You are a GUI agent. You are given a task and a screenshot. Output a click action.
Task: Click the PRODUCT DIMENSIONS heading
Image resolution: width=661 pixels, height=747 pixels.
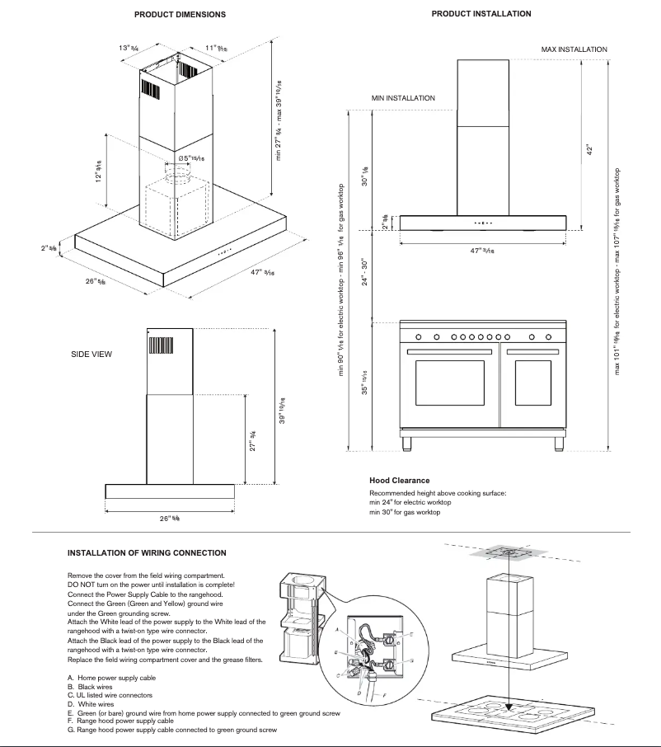[180, 15]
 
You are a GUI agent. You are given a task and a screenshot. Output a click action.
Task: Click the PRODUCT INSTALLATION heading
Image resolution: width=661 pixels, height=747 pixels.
[481, 13]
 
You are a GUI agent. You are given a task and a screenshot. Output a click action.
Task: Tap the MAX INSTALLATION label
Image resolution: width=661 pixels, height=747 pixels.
[574, 49]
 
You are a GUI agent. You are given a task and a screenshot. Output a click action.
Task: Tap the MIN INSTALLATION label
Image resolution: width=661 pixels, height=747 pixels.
[403, 98]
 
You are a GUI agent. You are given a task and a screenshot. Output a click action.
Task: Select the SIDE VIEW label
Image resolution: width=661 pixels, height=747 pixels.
[91, 354]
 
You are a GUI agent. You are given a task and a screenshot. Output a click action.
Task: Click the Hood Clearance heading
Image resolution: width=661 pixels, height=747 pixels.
[399, 481]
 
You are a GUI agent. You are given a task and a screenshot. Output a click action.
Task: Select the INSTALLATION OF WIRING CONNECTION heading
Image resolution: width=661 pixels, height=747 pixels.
[147, 552]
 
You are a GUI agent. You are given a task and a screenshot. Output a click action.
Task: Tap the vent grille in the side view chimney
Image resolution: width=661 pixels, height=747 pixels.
[159, 344]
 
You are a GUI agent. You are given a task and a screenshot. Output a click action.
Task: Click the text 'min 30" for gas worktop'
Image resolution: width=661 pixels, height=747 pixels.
[405, 512]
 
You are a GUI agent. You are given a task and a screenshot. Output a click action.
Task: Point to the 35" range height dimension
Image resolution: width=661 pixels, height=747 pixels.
[364, 384]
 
